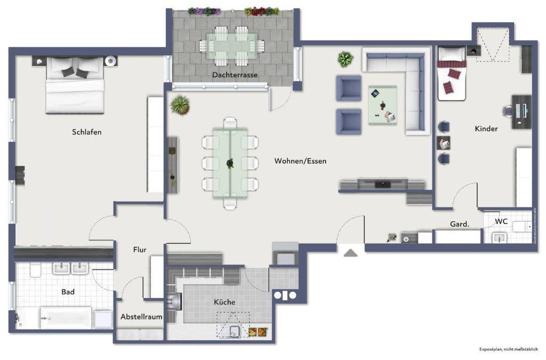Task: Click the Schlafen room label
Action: [x=87, y=132]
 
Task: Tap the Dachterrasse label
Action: [x=235, y=75]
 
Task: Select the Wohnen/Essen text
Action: [x=300, y=161]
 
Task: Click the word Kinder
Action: [x=486, y=129]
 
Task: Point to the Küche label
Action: [x=224, y=302]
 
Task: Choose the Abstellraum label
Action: [x=141, y=316]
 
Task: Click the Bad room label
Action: [x=68, y=292]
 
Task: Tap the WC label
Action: [x=501, y=221]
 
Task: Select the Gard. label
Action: [x=460, y=225]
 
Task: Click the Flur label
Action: [x=140, y=250]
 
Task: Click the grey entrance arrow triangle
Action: [x=350, y=253]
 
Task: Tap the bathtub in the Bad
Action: [x=67, y=318]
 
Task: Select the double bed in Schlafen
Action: [x=75, y=85]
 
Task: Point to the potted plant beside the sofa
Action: [x=345, y=59]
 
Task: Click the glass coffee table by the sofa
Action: [x=383, y=105]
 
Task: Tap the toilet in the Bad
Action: [x=35, y=270]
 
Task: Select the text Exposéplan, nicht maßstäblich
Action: [x=509, y=349]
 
